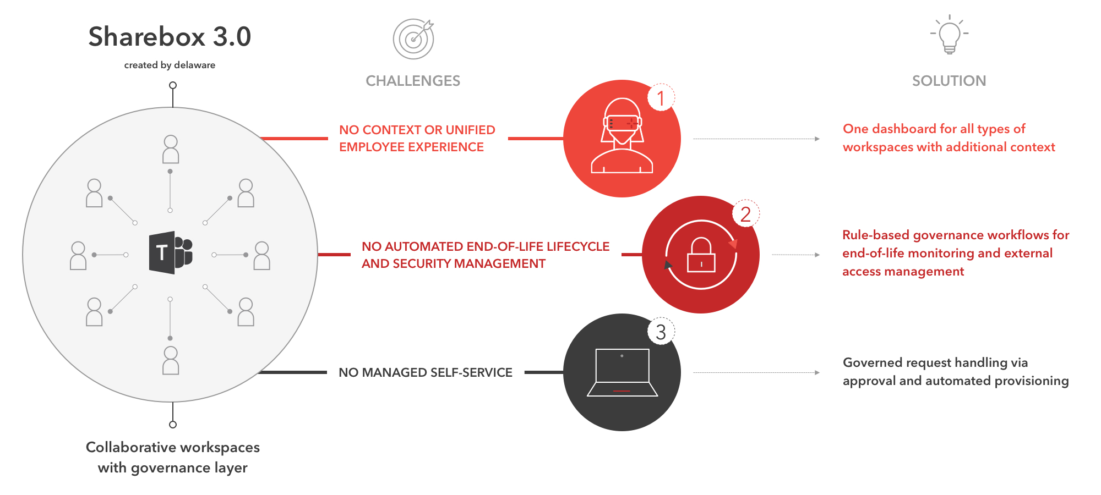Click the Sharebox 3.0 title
(x=170, y=37)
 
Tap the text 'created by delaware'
(x=170, y=65)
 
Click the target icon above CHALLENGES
(x=413, y=39)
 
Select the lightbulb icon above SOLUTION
(x=949, y=35)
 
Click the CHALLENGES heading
(x=413, y=81)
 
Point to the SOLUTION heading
(x=949, y=81)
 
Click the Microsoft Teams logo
(x=170, y=252)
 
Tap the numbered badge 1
(x=661, y=98)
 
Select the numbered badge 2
(x=745, y=214)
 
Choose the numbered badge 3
(x=661, y=332)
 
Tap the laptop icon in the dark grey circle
(x=622, y=372)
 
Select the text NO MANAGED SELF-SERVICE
(x=425, y=372)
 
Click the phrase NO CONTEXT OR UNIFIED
(x=417, y=130)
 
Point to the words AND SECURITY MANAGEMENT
(x=453, y=263)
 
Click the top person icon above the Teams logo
(x=171, y=149)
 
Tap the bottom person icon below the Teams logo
(x=171, y=360)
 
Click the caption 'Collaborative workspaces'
(x=172, y=447)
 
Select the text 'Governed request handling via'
(x=935, y=362)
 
